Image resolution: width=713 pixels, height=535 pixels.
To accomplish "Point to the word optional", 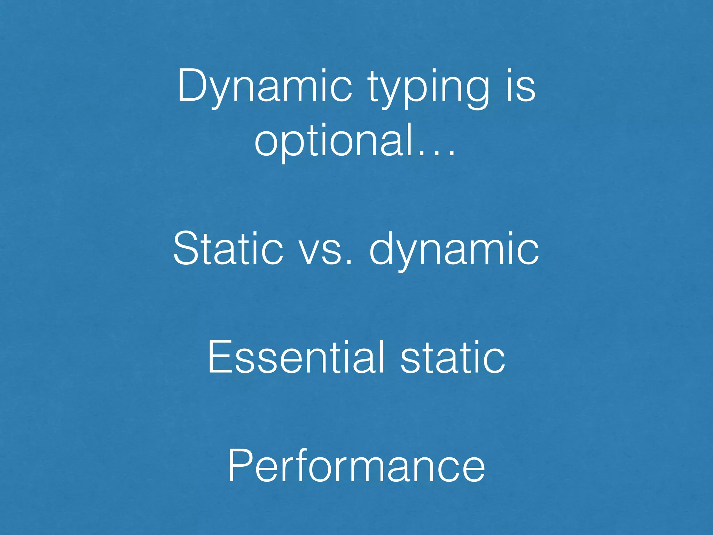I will click(x=334, y=141).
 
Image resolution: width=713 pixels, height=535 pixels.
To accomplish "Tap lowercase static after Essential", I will click(x=453, y=357).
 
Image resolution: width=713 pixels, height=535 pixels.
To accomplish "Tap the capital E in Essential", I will click(x=219, y=357).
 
